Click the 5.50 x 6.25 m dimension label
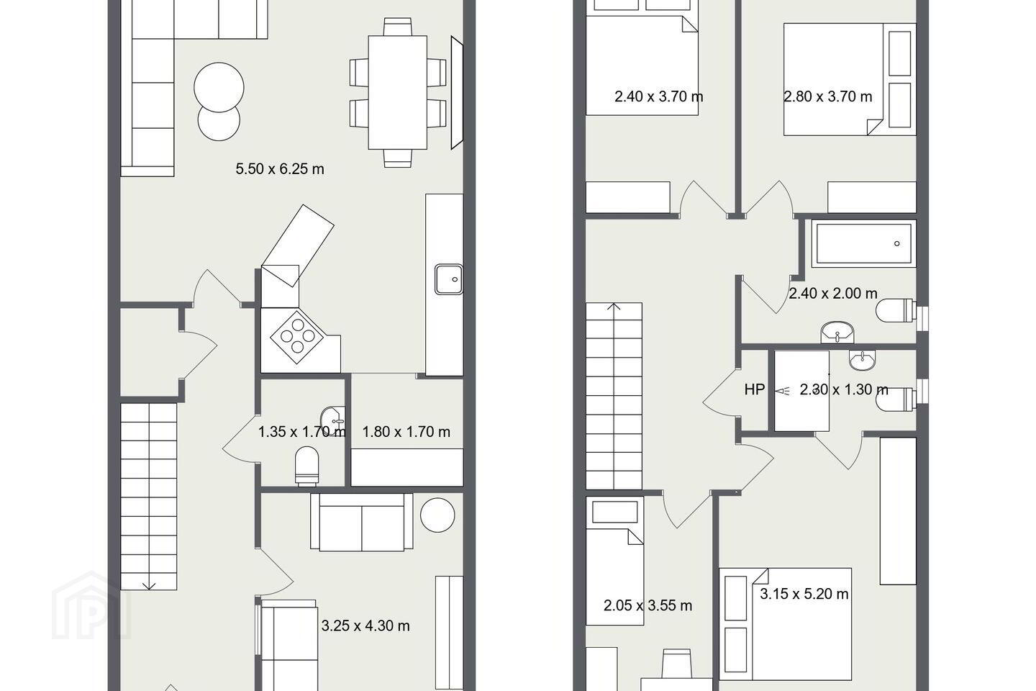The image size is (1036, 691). pyautogui.click(x=280, y=169)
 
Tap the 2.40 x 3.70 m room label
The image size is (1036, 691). pyautogui.click(x=658, y=96)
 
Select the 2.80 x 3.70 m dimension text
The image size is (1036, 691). pyautogui.click(x=828, y=96)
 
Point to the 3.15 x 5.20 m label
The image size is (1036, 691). pyautogui.click(x=804, y=594)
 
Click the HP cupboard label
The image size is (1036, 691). pyautogui.click(x=754, y=389)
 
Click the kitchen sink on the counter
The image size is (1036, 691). pyautogui.click(x=449, y=279)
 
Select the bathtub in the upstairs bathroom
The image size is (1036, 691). pyautogui.click(x=863, y=243)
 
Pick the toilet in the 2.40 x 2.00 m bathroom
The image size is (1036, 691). pyautogui.click(x=896, y=310)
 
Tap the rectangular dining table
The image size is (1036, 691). pyautogui.click(x=397, y=93)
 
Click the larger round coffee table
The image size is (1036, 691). pyautogui.click(x=219, y=88)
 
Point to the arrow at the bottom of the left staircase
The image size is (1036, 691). pyautogui.click(x=149, y=586)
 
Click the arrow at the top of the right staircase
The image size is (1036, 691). pyautogui.click(x=614, y=307)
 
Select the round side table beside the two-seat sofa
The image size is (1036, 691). pyautogui.click(x=437, y=515)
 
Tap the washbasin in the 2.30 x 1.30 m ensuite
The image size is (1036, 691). pyautogui.click(x=862, y=360)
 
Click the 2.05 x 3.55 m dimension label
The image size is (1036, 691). pyautogui.click(x=647, y=605)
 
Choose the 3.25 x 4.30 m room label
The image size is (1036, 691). pyautogui.click(x=365, y=625)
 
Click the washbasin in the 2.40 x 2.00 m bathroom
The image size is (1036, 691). pyautogui.click(x=837, y=333)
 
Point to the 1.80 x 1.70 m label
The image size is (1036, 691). pyautogui.click(x=406, y=432)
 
